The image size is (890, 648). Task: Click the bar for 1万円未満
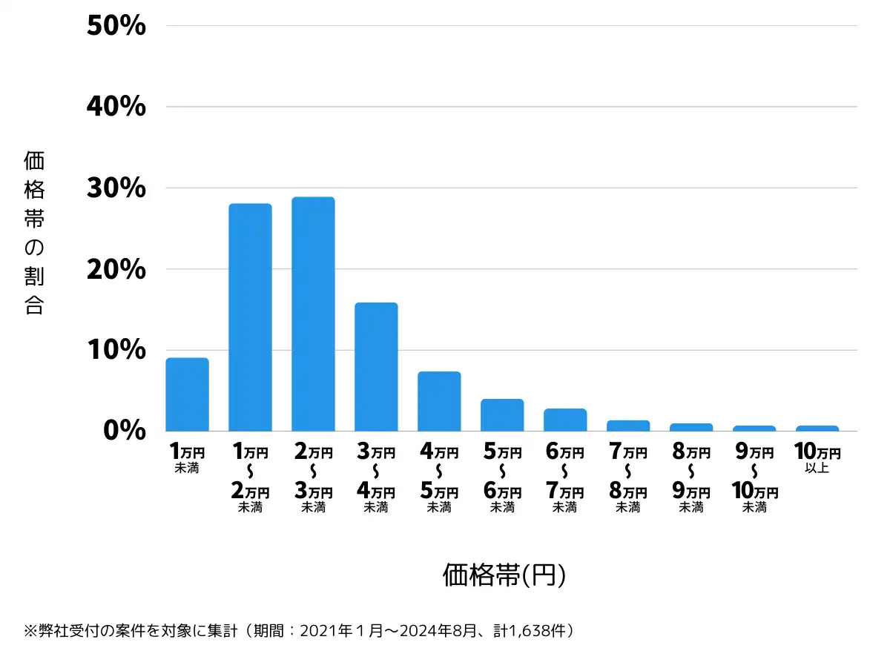point(187,394)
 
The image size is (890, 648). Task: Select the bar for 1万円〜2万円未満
point(250,317)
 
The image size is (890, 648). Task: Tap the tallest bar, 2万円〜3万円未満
point(313,314)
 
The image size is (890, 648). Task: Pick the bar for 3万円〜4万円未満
point(376,367)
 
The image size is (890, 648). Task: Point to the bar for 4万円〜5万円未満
point(439,401)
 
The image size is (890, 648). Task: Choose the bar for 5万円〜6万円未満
point(502,415)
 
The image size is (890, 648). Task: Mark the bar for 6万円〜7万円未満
point(565,420)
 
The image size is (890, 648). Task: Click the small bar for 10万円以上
point(817,429)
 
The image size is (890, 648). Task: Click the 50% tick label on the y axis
point(116,27)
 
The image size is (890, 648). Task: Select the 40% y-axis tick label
point(116,108)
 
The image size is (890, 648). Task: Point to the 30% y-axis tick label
point(116,188)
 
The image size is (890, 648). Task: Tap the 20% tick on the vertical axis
point(116,269)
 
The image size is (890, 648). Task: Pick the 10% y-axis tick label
point(116,350)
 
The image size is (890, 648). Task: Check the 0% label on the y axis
point(126,431)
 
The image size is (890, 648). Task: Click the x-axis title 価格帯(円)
point(504,575)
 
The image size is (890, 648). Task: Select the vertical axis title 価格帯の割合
point(34,233)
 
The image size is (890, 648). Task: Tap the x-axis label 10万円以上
point(817,458)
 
